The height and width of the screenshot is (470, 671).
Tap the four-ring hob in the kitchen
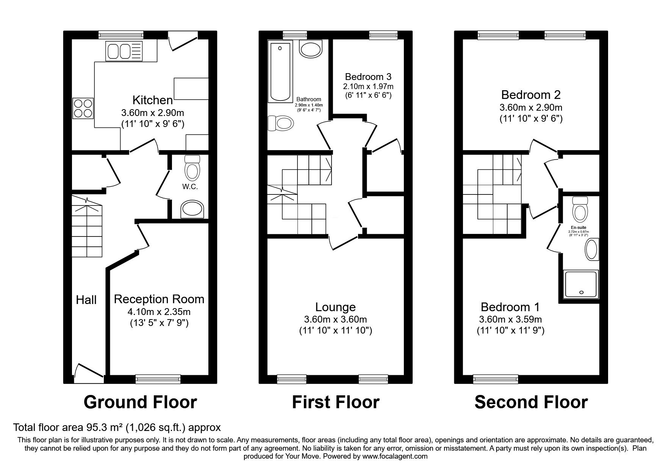(x=83, y=108)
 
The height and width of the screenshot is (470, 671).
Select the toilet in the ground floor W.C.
(x=192, y=169)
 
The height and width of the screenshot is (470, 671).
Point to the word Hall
(x=86, y=300)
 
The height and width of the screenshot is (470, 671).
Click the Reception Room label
(x=159, y=299)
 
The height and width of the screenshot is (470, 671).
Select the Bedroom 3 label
(x=368, y=77)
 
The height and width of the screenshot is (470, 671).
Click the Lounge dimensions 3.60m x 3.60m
(x=335, y=320)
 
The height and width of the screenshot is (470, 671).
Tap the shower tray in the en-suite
(x=581, y=284)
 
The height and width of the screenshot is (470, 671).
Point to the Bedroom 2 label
(x=531, y=95)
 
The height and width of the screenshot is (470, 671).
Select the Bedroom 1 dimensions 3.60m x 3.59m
(x=510, y=319)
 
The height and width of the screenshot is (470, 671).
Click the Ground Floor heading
(x=140, y=402)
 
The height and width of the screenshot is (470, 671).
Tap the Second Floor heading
(x=531, y=402)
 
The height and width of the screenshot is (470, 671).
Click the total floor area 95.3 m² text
(x=117, y=428)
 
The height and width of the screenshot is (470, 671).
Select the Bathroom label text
(x=309, y=99)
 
